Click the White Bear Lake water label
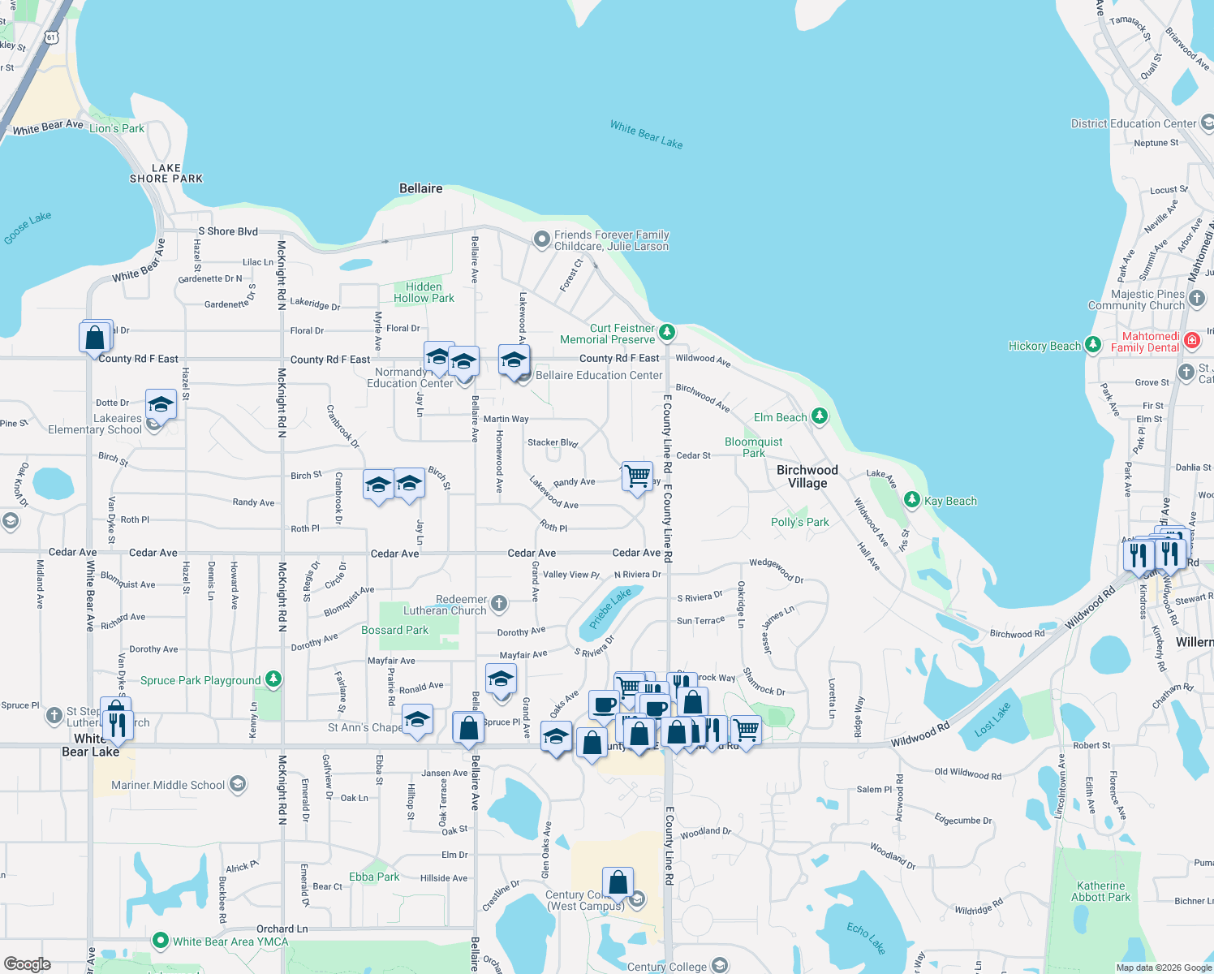click(x=646, y=134)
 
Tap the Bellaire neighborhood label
click(x=420, y=188)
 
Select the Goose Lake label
click(x=28, y=227)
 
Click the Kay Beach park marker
click(x=912, y=500)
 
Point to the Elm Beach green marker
click(x=820, y=416)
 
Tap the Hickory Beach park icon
click(x=1092, y=345)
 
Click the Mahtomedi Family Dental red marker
click(x=1191, y=341)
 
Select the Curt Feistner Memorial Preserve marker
click(x=666, y=331)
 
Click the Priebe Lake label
click(x=609, y=609)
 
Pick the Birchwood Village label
click(x=807, y=476)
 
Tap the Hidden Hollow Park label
click(x=424, y=292)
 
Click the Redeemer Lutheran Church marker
click(x=499, y=603)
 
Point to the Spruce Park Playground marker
click(x=273, y=679)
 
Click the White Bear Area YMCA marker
click(x=161, y=942)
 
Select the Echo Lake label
click(x=865, y=937)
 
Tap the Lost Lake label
click(x=992, y=719)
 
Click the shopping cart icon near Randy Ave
click(x=637, y=475)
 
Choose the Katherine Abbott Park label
click(x=1100, y=891)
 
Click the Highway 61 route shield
click(x=52, y=37)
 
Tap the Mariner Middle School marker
click(x=238, y=784)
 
